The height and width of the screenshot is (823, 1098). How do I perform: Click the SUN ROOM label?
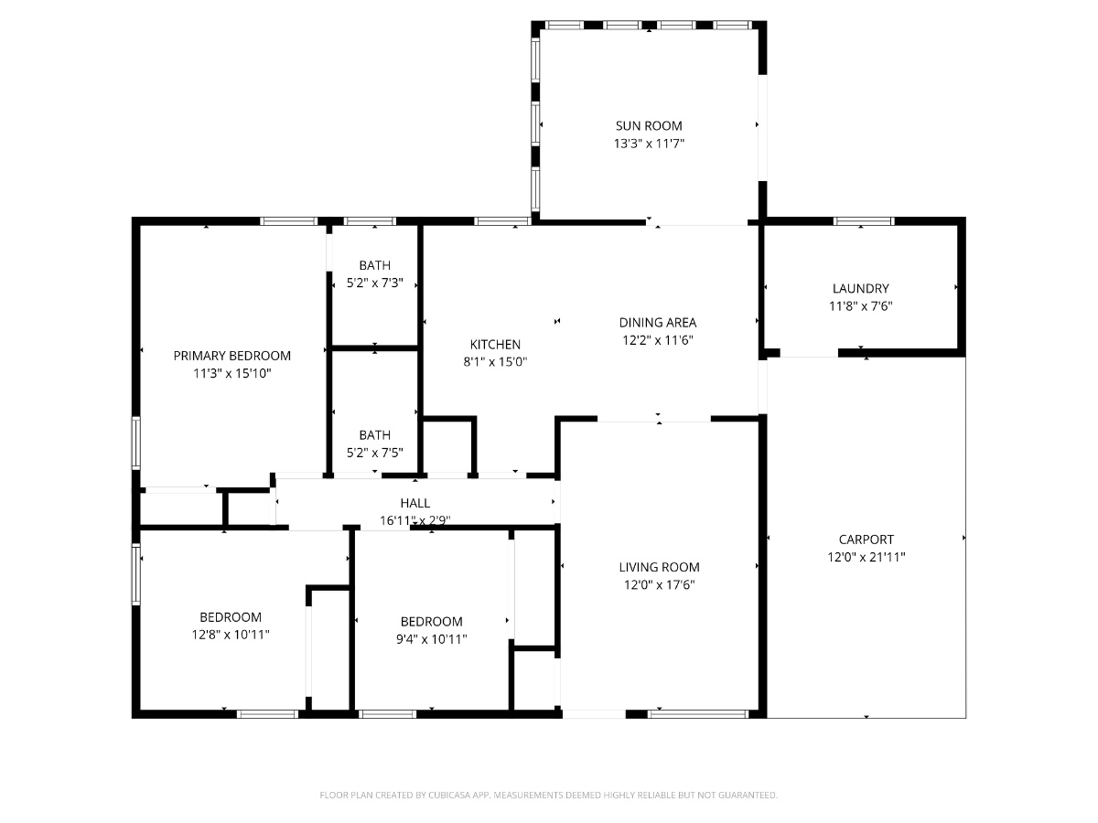649,126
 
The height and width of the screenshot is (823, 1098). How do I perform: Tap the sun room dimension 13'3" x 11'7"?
649,144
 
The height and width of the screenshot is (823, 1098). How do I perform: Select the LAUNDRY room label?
860,288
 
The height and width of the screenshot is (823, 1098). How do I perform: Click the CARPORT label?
866,540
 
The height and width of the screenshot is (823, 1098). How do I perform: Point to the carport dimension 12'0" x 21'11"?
866,557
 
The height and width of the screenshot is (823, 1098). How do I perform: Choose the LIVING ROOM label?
659,567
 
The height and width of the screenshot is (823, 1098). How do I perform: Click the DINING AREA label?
658,323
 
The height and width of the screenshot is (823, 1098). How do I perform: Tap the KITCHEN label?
495,345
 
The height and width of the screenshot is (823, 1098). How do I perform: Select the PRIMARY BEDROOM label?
231,356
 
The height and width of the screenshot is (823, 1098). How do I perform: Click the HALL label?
414,503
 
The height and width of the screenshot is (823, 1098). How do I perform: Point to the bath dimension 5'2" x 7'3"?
374,283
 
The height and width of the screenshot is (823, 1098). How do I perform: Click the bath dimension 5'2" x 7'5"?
374,453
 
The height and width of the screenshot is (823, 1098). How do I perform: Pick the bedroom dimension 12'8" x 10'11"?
231,635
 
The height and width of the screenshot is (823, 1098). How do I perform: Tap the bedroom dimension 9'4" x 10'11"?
431,639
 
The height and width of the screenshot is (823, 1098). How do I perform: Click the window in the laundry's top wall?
864,221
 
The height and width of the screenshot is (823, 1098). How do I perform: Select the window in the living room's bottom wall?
698,714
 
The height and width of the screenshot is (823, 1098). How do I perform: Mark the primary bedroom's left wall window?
135,443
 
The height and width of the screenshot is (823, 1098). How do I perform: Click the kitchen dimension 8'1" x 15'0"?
495,362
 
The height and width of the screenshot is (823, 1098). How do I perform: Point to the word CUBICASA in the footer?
449,795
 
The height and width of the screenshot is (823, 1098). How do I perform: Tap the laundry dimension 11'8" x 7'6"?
860,306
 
